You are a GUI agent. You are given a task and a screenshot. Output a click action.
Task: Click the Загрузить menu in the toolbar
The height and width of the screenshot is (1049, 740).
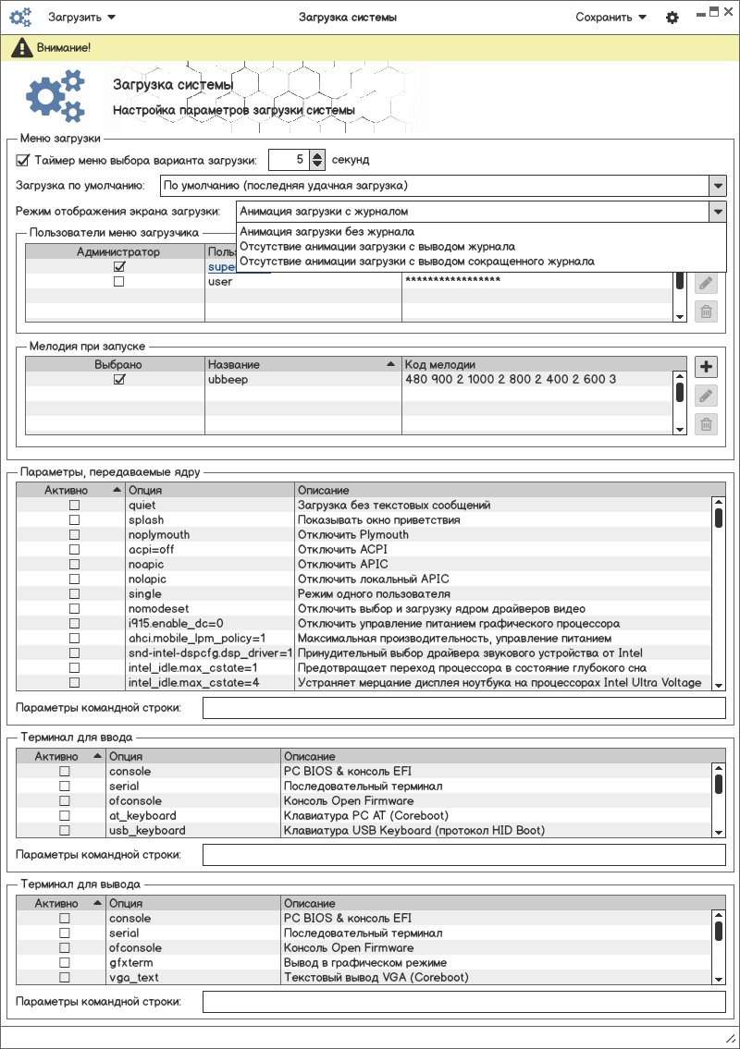(x=81, y=18)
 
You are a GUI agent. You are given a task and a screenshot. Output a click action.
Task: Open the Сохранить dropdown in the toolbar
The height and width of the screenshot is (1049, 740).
(x=610, y=18)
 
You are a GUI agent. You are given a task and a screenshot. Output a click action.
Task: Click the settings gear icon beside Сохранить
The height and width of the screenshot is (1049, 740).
(x=672, y=18)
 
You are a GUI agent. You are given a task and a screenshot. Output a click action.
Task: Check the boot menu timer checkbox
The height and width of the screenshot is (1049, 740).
(x=23, y=160)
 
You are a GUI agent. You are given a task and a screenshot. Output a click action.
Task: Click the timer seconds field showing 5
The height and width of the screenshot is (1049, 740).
(x=289, y=160)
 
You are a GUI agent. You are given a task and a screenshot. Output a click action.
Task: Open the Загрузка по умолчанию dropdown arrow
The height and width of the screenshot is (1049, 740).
(x=718, y=186)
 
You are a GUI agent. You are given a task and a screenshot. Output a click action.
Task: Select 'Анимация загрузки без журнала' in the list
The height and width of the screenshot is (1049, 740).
(x=327, y=232)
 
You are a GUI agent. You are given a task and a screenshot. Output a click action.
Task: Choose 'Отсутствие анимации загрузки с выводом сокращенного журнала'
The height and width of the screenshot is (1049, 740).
(x=416, y=262)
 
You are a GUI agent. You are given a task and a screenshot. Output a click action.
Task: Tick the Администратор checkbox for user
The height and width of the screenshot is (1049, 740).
(x=118, y=282)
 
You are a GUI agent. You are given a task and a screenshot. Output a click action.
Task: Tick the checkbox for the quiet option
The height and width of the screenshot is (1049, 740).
(x=75, y=506)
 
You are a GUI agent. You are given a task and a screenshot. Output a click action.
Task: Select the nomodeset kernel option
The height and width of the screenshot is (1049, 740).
(x=158, y=609)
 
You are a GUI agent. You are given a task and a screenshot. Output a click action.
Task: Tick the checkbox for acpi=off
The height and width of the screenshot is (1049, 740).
(x=75, y=550)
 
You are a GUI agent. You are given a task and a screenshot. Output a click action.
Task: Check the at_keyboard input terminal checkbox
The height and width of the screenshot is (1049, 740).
(x=65, y=816)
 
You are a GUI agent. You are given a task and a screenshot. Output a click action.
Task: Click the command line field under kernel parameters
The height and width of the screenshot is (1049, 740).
(x=464, y=708)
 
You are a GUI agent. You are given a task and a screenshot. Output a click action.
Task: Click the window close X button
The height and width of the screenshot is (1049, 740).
(x=728, y=11)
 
